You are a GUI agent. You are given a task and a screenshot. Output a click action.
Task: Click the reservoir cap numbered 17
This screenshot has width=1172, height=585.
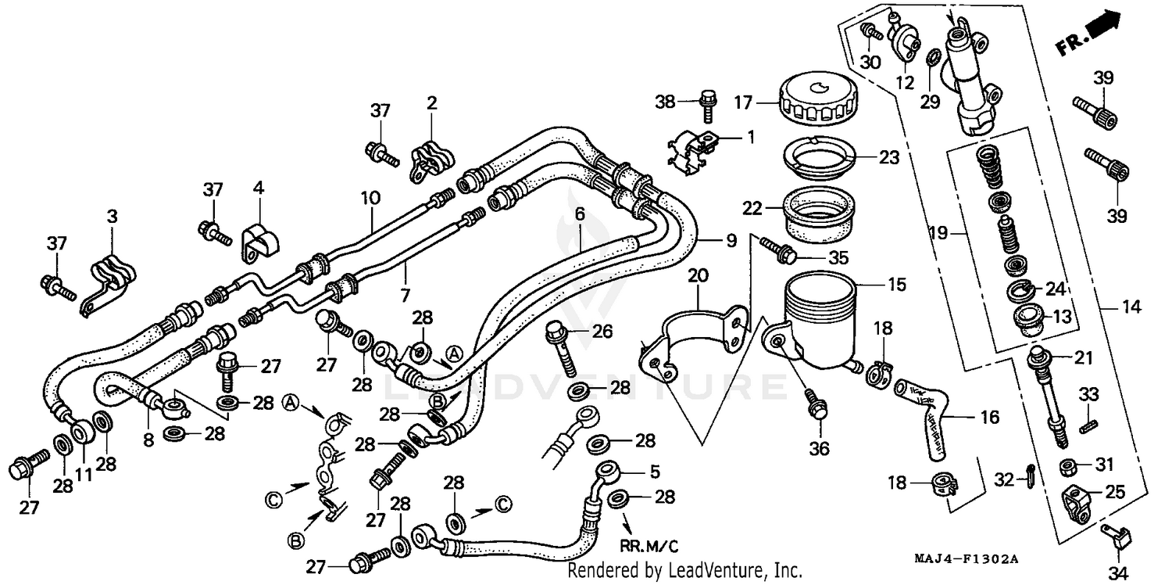point(814,102)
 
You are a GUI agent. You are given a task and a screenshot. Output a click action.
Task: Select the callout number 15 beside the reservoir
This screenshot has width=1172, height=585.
point(897,285)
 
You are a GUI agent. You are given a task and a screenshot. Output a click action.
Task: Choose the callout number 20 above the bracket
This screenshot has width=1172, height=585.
point(698,275)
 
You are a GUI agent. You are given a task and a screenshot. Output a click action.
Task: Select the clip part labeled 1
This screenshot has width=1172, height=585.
point(695,149)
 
